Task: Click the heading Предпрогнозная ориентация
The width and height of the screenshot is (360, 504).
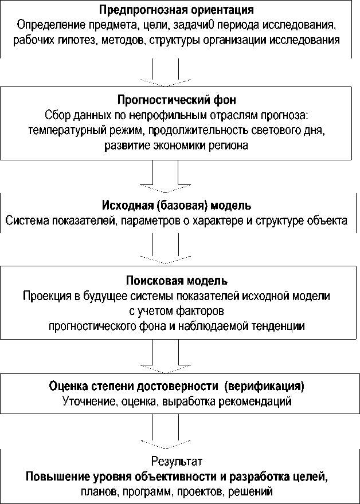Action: [x=177, y=10]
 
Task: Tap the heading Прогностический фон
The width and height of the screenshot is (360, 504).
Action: [x=177, y=101]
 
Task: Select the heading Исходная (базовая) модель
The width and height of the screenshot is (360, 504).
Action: [x=177, y=206]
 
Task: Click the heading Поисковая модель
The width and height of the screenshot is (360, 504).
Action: [x=177, y=281]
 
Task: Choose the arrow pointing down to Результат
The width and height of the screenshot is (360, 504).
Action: [x=166, y=432]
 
